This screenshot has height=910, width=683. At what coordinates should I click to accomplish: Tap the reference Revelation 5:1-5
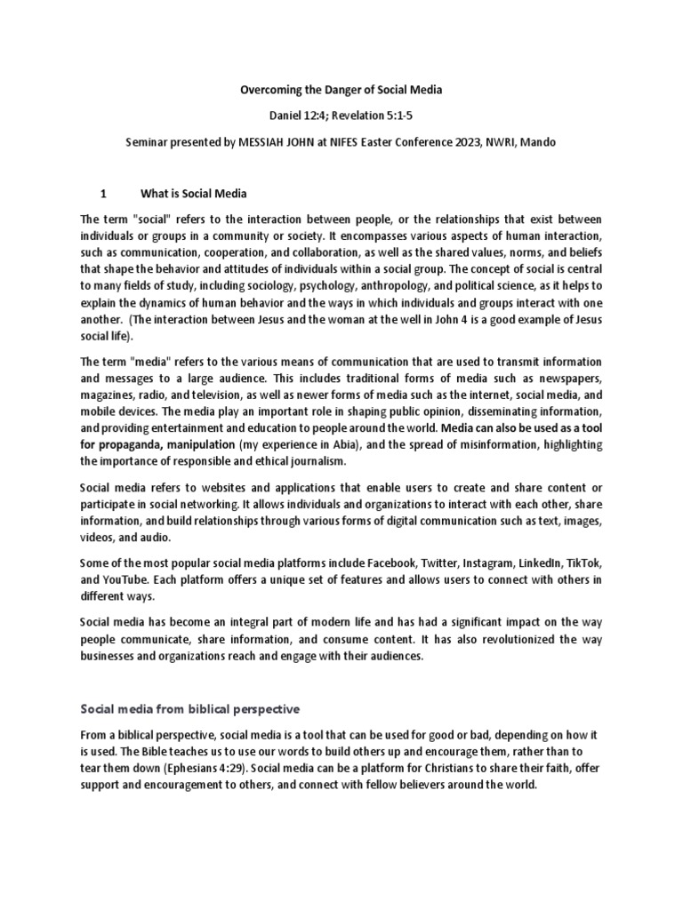(x=370, y=116)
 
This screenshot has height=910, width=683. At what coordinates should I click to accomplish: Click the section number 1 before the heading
(x=103, y=193)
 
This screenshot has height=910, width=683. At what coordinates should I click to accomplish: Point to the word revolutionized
(x=510, y=640)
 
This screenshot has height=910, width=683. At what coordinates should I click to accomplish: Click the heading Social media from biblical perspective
(x=190, y=708)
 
